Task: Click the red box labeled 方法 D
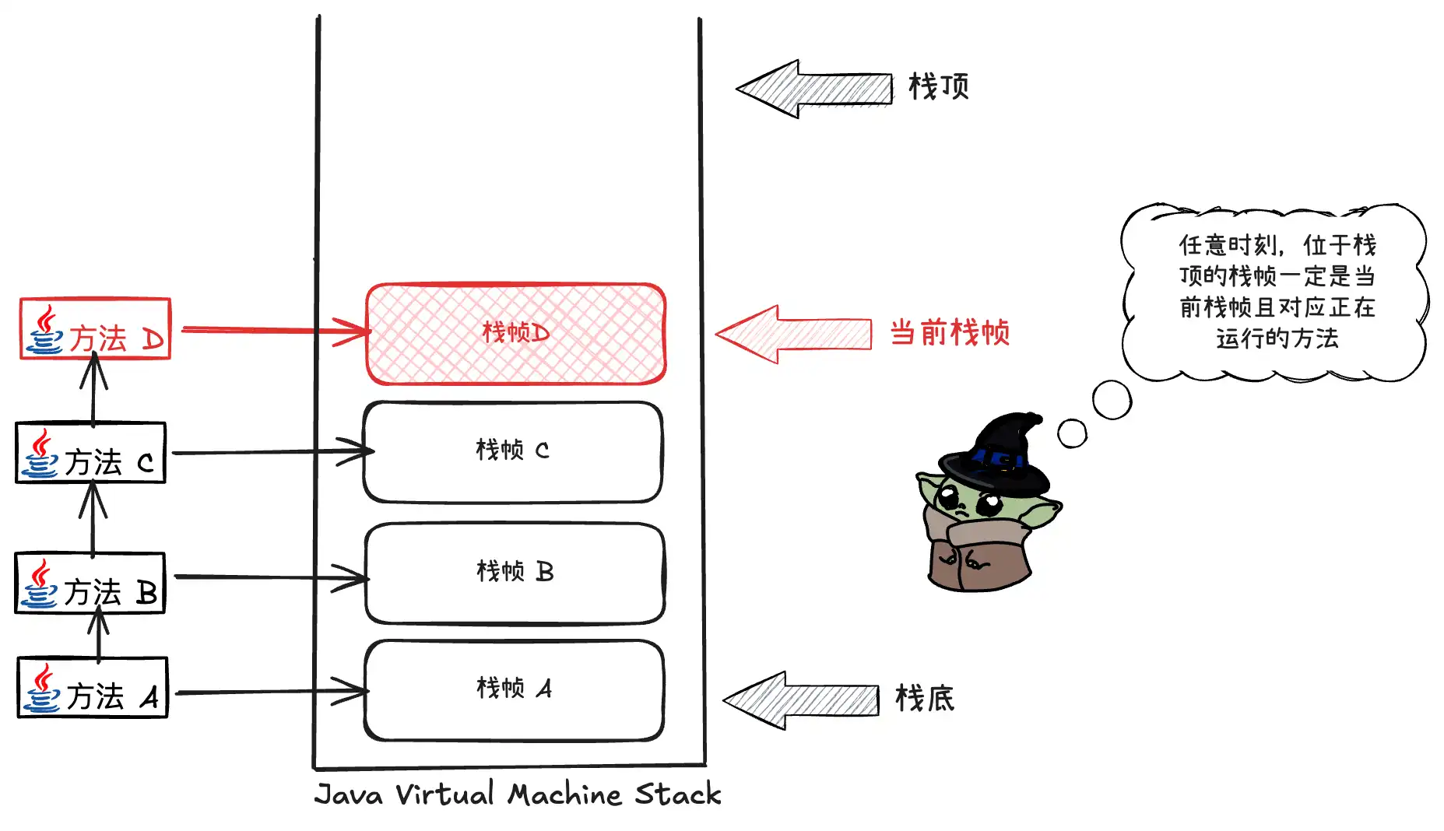tap(95, 329)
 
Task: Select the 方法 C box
tap(90, 453)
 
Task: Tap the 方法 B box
tap(90, 583)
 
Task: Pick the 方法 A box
tap(93, 688)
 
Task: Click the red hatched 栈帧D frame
tap(515, 334)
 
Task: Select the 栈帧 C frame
tap(513, 451)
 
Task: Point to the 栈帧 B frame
tap(515, 573)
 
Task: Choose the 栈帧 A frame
tap(514, 689)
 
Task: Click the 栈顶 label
tap(939, 86)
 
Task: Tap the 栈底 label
tap(925, 699)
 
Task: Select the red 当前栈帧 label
tap(950, 333)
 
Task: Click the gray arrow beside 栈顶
tap(813, 89)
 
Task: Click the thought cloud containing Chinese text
tap(1275, 292)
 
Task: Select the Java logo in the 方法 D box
tap(44, 330)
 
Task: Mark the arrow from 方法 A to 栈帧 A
tap(269, 691)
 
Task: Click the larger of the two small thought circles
tap(1112, 400)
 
